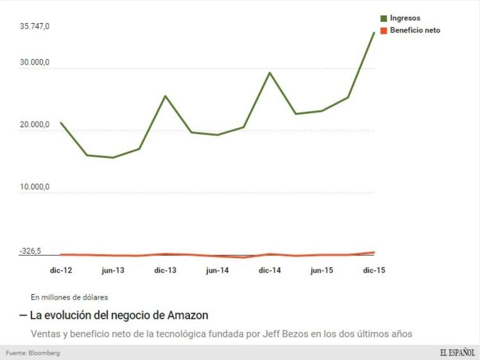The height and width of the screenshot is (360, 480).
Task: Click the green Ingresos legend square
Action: (x=384, y=19)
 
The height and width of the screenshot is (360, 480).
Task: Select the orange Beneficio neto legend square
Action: (x=384, y=30)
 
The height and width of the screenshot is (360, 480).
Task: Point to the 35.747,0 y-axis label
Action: (x=35, y=26)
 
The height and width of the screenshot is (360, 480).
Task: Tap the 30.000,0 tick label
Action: (x=35, y=62)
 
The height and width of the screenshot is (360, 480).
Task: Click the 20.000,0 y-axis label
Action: (x=35, y=124)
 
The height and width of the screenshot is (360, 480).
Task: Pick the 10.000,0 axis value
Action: (x=35, y=187)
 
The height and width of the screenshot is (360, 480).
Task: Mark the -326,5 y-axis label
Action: (x=30, y=251)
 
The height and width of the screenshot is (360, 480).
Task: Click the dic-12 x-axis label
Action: (x=61, y=271)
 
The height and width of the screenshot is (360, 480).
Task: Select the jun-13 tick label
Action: (x=113, y=271)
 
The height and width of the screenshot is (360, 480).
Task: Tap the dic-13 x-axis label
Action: (x=165, y=271)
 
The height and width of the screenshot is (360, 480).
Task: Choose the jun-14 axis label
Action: (x=218, y=271)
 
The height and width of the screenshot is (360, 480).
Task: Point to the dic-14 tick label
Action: (x=270, y=271)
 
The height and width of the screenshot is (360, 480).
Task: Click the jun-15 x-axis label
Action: (x=321, y=271)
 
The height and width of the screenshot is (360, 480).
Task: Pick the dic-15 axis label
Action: (x=374, y=271)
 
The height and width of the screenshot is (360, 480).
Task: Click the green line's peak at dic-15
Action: (x=374, y=33)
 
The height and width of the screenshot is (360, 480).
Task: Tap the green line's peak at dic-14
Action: (x=270, y=73)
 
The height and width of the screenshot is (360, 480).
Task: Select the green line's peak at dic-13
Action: (x=165, y=96)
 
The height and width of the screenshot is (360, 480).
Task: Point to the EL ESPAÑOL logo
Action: (x=457, y=353)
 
